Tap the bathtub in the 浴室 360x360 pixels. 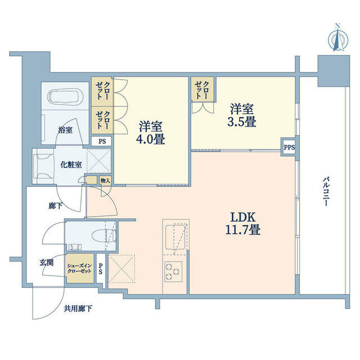[x=65, y=97]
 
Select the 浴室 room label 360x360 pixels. [x=65, y=130]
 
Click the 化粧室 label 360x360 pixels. [x=71, y=165]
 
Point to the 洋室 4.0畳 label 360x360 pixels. [x=151, y=133]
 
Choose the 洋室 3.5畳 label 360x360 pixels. [x=242, y=115]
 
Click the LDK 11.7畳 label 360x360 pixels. [x=243, y=223]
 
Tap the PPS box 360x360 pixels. [x=289, y=147]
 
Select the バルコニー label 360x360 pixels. [x=325, y=191]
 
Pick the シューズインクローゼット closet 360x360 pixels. [x=80, y=268]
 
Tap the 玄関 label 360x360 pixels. [x=47, y=263]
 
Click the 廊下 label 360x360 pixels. [x=56, y=206]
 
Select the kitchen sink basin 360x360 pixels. [x=175, y=237]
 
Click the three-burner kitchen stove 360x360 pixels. [x=173, y=272]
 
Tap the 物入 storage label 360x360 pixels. [x=105, y=181]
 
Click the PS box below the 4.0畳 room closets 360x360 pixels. [x=102, y=141]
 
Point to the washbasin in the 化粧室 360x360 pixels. [x=44, y=166]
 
